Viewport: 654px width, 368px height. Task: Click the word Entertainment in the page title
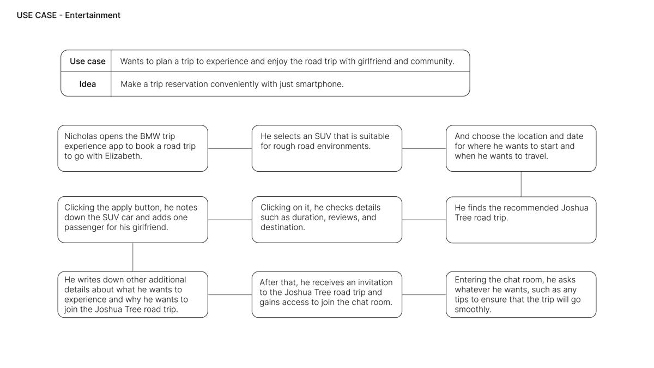[x=93, y=15]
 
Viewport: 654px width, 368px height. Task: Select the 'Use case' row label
[x=88, y=61]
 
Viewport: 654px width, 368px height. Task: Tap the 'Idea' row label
[x=88, y=84]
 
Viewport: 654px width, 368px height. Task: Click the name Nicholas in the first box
[x=81, y=136]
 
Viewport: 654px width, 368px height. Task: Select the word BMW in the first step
[x=150, y=136]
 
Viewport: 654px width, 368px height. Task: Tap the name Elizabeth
[x=123, y=156]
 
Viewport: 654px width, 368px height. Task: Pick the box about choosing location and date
[x=521, y=148]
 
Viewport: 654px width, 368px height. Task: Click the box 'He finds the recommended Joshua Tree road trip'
[x=521, y=220]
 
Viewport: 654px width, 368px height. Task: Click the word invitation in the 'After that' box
[x=376, y=282]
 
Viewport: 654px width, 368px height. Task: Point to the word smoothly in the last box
[x=473, y=310]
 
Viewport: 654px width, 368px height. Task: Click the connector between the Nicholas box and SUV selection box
[x=230, y=148]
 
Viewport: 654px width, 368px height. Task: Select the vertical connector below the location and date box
[x=521, y=184]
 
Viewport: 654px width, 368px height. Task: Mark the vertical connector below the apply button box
[x=133, y=257]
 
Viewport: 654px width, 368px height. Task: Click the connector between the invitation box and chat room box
[x=424, y=294]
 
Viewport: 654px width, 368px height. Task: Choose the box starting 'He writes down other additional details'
[x=133, y=294]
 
